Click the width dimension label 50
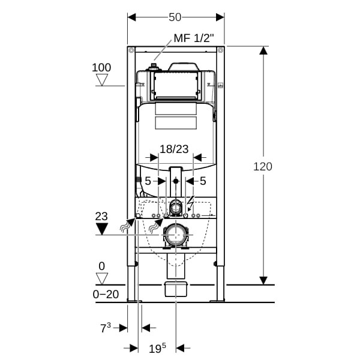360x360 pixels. pyautogui.click(x=175, y=17)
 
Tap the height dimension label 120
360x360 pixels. pyautogui.click(x=263, y=166)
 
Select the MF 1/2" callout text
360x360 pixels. pyautogui.click(x=194, y=38)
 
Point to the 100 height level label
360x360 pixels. pyautogui.click(x=101, y=67)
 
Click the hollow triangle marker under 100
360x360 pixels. pyautogui.click(x=102, y=80)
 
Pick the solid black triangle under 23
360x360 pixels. pyautogui.click(x=102, y=229)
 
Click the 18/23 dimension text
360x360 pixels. pyautogui.click(x=174, y=149)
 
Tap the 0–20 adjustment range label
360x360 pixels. pyautogui.click(x=106, y=294)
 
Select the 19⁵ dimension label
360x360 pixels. pyautogui.click(x=157, y=348)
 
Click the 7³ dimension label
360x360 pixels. pyautogui.click(x=106, y=328)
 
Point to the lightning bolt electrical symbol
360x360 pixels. pyautogui.click(x=191, y=203)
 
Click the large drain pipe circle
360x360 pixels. pyautogui.click(x=176, y=235)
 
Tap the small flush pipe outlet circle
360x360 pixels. pyautogui.click(x=176, y=208)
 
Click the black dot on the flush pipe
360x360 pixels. pyautogui.click(x=176, y=181)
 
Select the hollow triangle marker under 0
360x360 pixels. pyautogui.click(x=102, y=278)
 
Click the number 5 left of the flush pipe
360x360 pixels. pyautogui.click(x=148, y=181)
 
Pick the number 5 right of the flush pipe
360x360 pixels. pyautogui.click(x=203, y=181)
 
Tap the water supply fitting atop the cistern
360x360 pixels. pyautogui.click(x=154, y=67)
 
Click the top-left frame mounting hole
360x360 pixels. pyautogui.click(x=131, y=50)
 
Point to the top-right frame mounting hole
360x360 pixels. pyautogui.click(x=221, y=50)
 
